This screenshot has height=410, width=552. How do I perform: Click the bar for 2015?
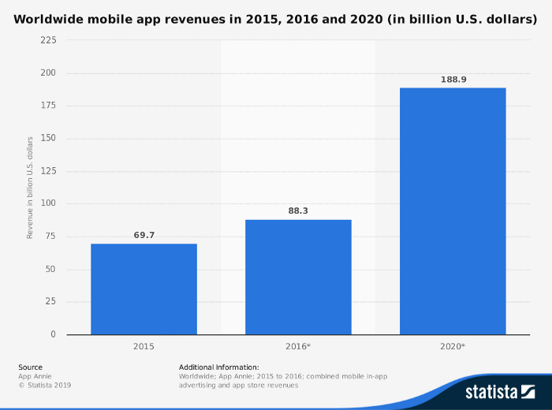[x=144, y=289]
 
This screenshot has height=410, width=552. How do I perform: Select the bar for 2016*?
[x=298, y=277]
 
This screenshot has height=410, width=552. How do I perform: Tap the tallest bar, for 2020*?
[x=453, y=211]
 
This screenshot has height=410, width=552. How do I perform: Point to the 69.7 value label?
[x=144, y=235]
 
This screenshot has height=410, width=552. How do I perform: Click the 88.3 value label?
[x=298, y=211]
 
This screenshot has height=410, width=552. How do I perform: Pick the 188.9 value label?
[x=453, y=80]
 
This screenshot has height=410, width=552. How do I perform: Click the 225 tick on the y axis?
[x=48, y=40]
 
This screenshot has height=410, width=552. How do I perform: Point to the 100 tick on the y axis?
[x=48, y=204]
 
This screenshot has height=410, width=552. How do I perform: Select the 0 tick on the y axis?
[x=53, y=334]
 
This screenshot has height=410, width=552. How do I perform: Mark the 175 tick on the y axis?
[x=48, y=106]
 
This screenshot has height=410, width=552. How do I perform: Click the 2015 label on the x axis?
[x=144, y=346]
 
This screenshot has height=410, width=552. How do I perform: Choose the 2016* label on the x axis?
[x=298, y=346]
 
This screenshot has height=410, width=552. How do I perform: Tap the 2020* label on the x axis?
[x=453, y=346]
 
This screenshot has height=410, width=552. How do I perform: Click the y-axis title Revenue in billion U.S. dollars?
[x=30, y=187]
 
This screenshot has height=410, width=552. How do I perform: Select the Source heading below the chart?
[x=30, y=367]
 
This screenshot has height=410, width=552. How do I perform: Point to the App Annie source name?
[x=35, y=376]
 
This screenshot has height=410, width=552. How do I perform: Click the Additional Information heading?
[x=218, y=367]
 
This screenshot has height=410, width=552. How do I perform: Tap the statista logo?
[x=499, y=391]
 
